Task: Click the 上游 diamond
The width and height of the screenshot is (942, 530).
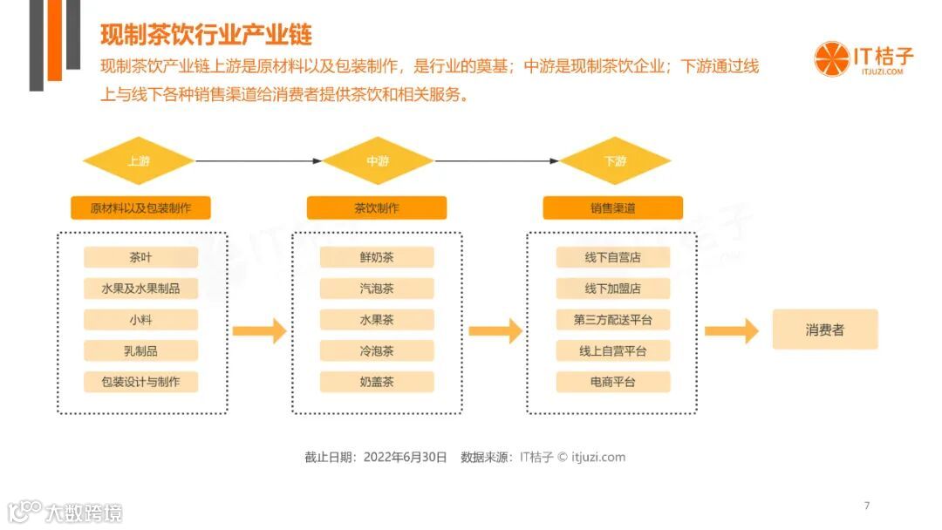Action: [x=138, y=161]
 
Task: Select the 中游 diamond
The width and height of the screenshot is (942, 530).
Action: [x=378, y=161]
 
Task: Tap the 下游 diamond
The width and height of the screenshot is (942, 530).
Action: [x=615, y=161]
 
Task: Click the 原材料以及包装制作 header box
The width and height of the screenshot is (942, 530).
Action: [x=140, y=208]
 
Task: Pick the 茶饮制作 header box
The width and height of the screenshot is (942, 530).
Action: [x=377, y=208]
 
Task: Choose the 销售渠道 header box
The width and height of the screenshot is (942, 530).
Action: [x=612, y=208]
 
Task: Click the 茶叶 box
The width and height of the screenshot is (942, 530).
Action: [x=140, y=257]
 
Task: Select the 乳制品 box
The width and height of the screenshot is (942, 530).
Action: [x=140, y=351]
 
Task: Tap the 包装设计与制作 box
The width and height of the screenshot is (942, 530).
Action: [x=140, y=382]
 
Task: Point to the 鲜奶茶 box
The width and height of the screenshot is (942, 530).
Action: [x=377, y=257]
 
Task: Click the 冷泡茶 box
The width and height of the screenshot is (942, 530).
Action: [x=377, y=351]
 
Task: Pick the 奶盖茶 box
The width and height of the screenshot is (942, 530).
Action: [x=377, y=382]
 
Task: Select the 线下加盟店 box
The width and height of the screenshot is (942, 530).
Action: [x=613, y=289]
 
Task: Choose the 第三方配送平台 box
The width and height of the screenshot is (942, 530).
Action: [x=613, y=320]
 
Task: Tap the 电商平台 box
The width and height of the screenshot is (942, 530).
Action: [x=613, y=382]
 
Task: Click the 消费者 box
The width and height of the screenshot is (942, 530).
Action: [x=824, y=330]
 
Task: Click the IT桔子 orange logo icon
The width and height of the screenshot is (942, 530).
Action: [x=831, y=59]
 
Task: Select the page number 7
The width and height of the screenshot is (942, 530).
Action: [x=866, y=506]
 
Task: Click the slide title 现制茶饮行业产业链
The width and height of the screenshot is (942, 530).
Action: [x=206, y=35]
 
